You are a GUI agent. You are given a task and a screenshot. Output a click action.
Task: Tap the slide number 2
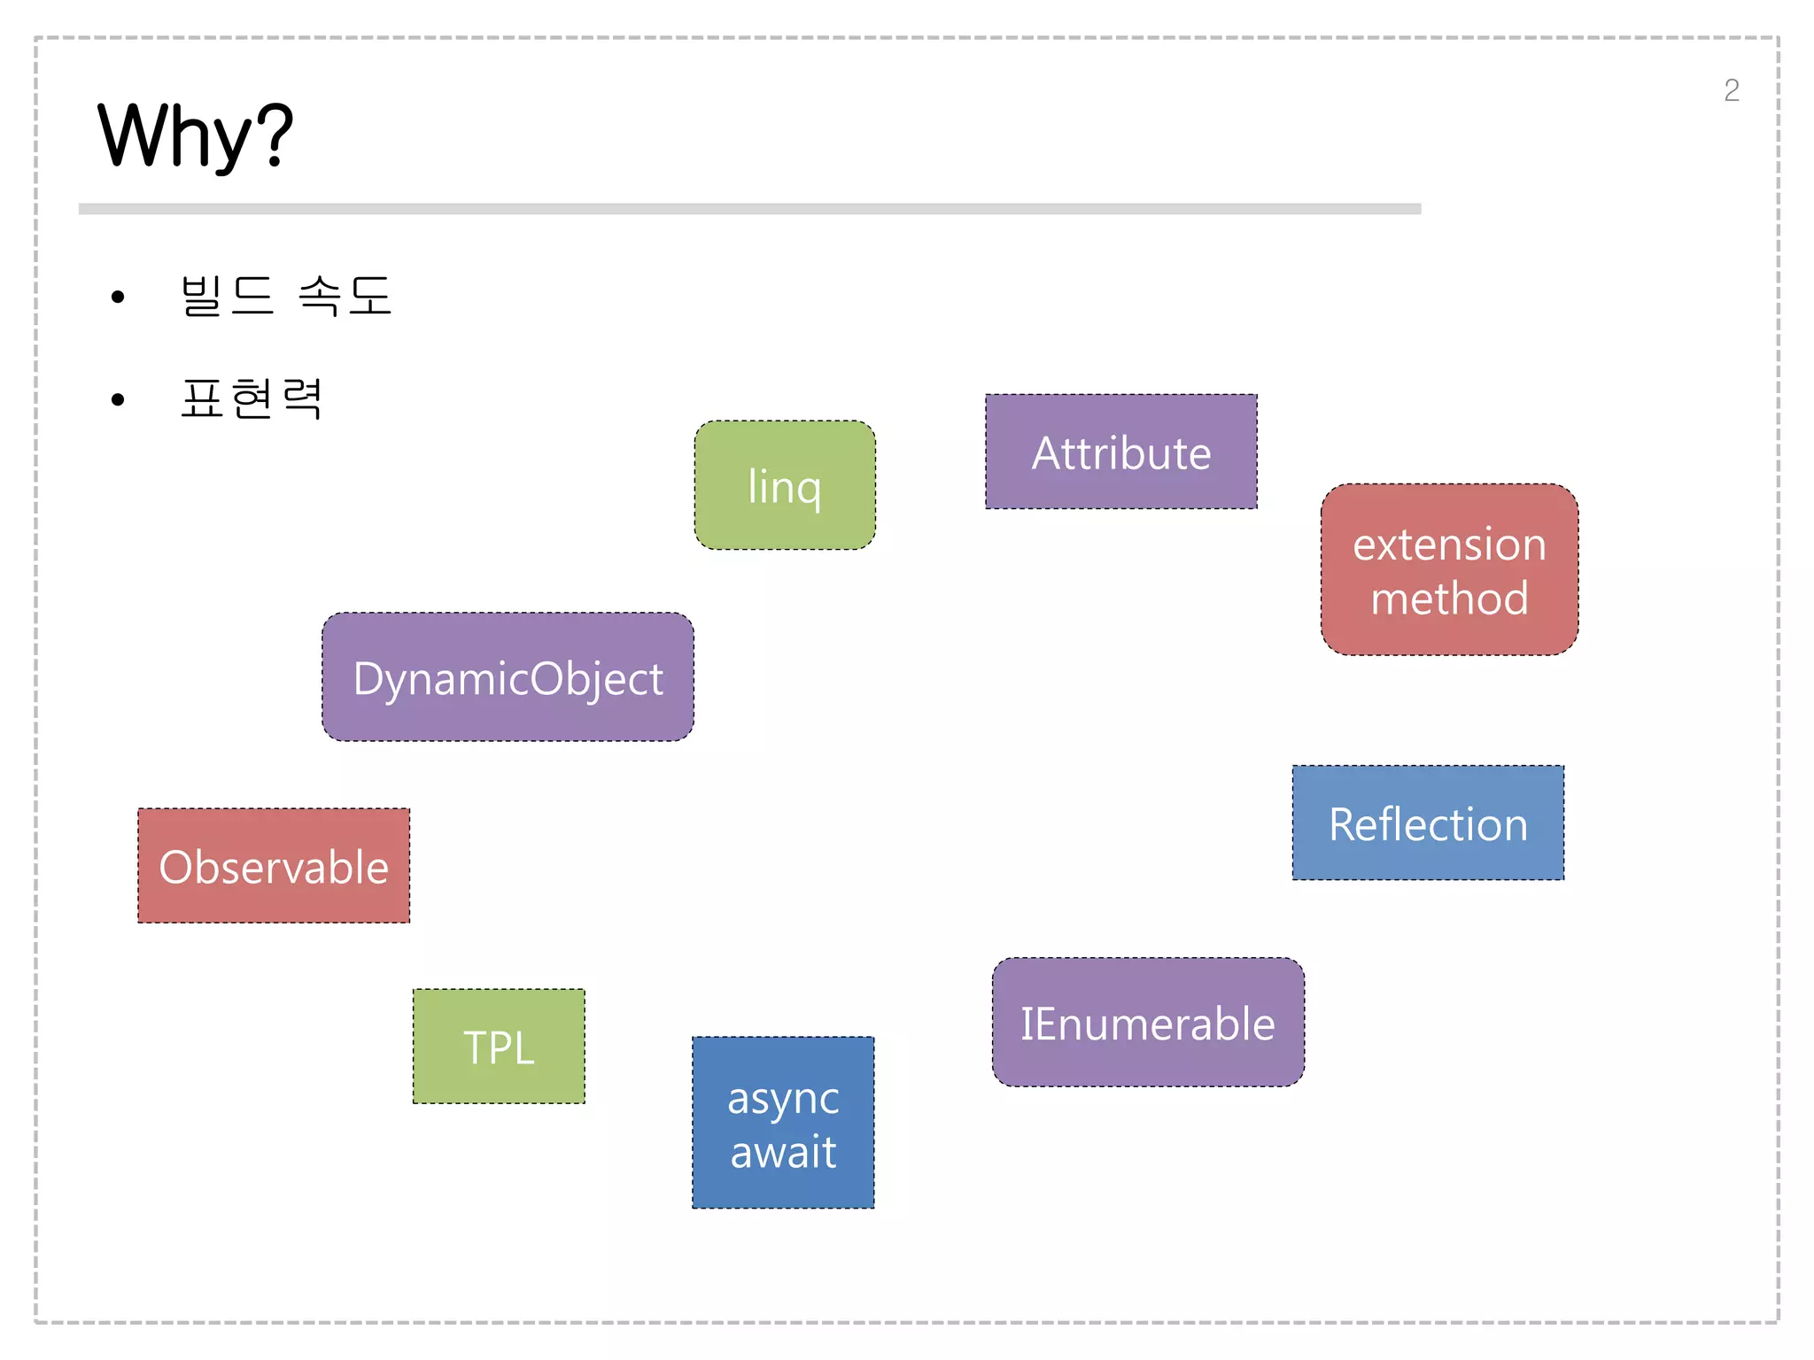pyautogui.click(x=1731, y=90)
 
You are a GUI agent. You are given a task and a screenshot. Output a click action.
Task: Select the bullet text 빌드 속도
pyautogui.click(x=285, y=296)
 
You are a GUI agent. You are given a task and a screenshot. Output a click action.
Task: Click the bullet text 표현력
pyautogui.click(x=252, y=398)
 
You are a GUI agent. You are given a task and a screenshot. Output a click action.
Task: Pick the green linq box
pyautogui.click(x=785, y=485)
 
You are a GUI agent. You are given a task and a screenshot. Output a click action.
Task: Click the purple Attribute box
pyautogui.click(x=1120, y=452)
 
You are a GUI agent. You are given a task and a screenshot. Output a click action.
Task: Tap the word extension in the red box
pyautogui.click(x=1449, y=545)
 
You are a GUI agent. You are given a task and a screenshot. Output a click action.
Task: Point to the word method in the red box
pyautogui.click(x=1449, y=599)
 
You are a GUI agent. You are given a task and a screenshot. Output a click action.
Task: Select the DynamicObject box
pyautogui.click(x=508, y=677)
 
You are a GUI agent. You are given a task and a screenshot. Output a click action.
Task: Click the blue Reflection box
pyautogui.click(x=1428, y=823)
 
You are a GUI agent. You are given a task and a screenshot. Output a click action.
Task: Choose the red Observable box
pyautogui.click(x=274, y=866)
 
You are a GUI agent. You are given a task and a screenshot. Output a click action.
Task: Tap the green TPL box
pyautogui.click(x=499, y=1047)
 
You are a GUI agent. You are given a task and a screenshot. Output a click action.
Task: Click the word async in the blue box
pyautogui.click(x=783, y=1099)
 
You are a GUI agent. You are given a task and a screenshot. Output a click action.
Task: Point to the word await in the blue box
pyautogui.click(x=783, y=1153)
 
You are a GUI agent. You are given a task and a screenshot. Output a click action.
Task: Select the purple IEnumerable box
pyautogui.click(x=1148, y=1023)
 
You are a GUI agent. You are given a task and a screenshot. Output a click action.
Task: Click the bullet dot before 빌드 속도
pyautogui.click(x=118, y=297)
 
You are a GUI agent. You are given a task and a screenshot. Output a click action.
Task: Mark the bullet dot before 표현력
pyautogui.click(x=118, y=400)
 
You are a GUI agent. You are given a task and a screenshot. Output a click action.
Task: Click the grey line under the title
pyautogui.click(x=749, y=209)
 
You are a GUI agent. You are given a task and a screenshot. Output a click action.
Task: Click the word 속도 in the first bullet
pyautogui.click(x=345, y=296)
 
